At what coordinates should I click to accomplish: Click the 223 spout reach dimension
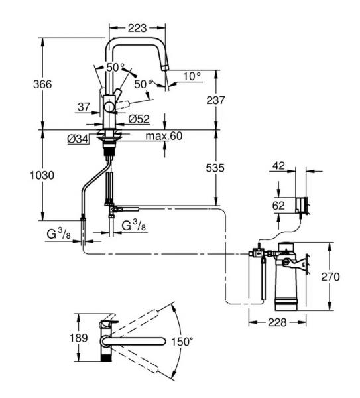pos(137,28)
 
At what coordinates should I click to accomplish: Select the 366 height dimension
pos(42,84)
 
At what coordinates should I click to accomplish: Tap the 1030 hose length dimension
pos(42,175)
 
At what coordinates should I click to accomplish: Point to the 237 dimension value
pos(215,100)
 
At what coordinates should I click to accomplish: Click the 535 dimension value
pos(215,168)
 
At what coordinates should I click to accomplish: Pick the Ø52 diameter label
pos(139,119)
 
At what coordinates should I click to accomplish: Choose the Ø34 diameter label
pos(78,139)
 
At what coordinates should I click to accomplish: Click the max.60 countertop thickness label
pos(164,136)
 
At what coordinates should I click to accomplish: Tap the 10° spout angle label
pos(192,76)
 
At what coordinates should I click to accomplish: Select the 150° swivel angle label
pos(182,342)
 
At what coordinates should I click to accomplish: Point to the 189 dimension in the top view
pos(79,338)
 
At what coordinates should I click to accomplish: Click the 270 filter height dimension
pos(330,277)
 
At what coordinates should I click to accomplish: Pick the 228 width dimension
pos(277,322)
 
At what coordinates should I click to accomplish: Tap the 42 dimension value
pos(278,166)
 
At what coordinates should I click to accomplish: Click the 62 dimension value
pos(278,206)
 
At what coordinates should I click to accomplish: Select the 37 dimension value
pos(84,107)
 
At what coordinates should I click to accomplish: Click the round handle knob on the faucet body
pos(110,107)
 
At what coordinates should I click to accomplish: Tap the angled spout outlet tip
pos(165,68)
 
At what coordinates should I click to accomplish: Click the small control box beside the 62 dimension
pos(302,205)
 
